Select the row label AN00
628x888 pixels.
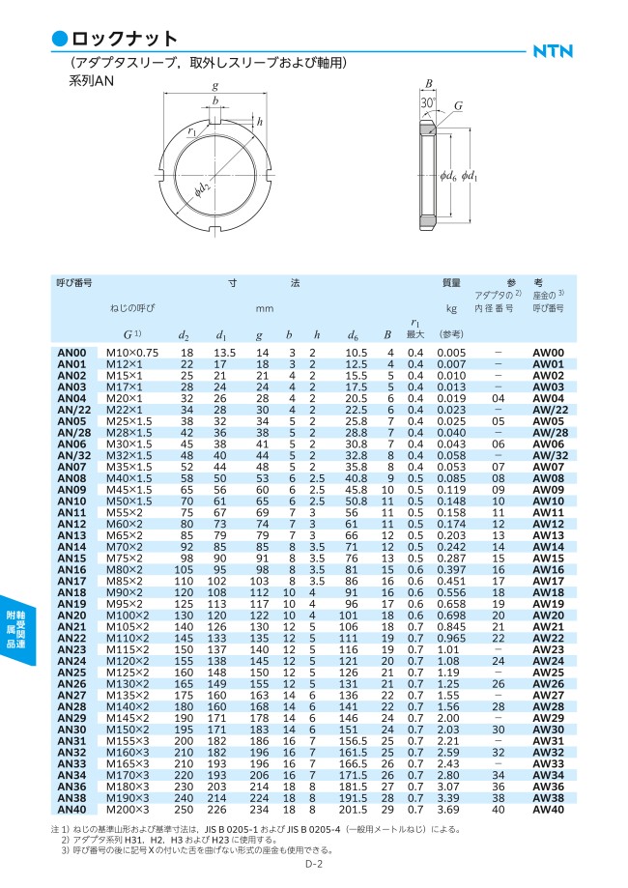click(x=72, y=354)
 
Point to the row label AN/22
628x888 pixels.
click(x=72, y=409)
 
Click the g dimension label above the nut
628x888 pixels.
click(x=214, y=86)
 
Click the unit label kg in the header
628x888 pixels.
click(x=450, y=309)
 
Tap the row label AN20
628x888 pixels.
click(x=72, y=616)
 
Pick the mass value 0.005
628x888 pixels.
click(x=451, y=354)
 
